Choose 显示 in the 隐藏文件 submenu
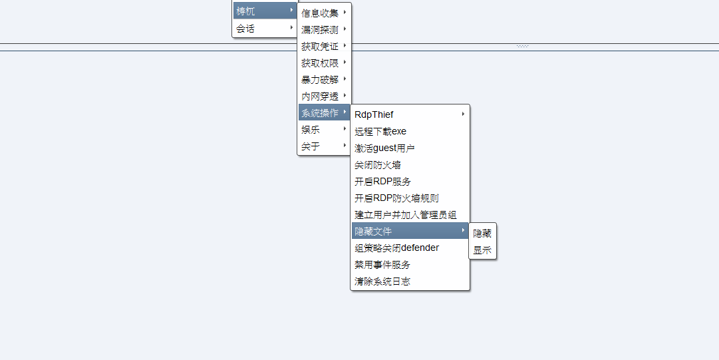click(x=482, y=251)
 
